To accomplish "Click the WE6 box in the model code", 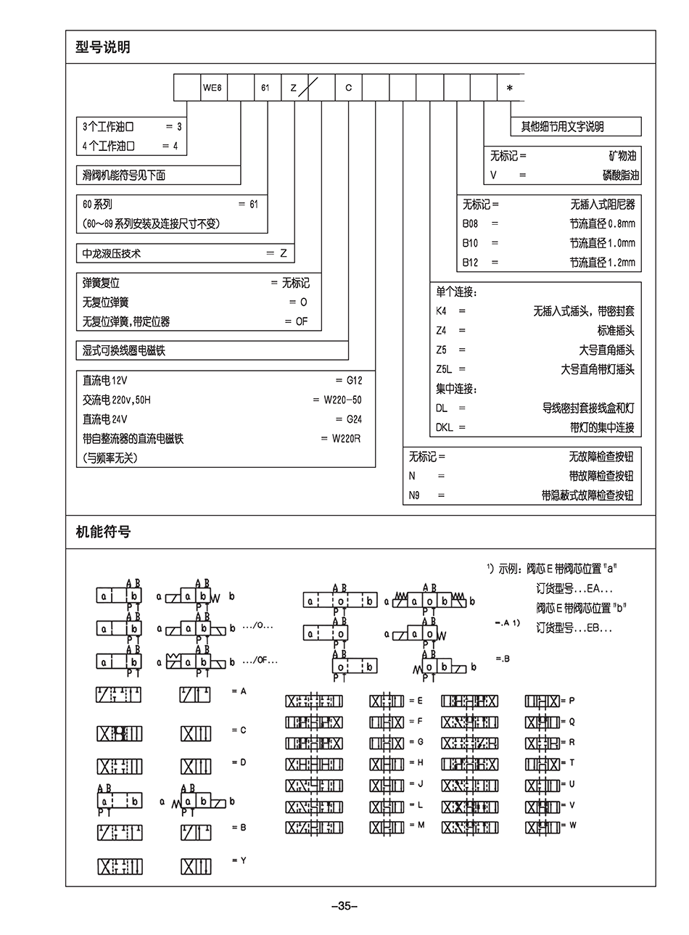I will tap(213, 88).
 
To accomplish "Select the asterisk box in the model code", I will tap(510, 88).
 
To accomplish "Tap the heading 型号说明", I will tap(103, 48).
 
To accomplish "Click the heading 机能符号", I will tap(103, 532).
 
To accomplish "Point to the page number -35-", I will tap(344, 905).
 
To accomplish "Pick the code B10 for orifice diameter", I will tap(470, 243).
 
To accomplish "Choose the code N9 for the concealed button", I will tap(414, 495).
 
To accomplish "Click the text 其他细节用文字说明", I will tap(562, 127).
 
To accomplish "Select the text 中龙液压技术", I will tap(112, 253).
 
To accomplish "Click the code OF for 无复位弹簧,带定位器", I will tap(302, 321).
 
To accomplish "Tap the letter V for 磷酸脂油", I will tap(494, 176).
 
